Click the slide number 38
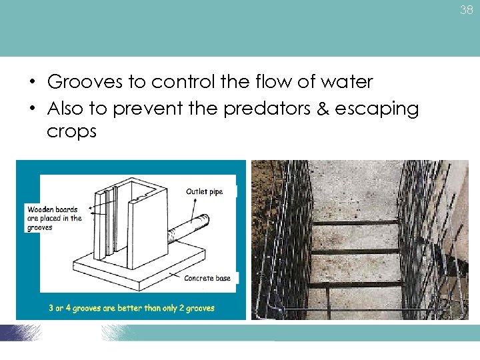tap(466, 11)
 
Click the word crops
tap(71, 132)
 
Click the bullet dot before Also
tap(32, 109)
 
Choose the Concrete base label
tap(207, 278)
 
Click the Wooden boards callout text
tap(54, 218)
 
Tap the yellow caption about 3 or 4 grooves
tap(131, 308)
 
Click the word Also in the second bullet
tap(67, 108)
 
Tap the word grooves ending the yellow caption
tap(199, 308)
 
